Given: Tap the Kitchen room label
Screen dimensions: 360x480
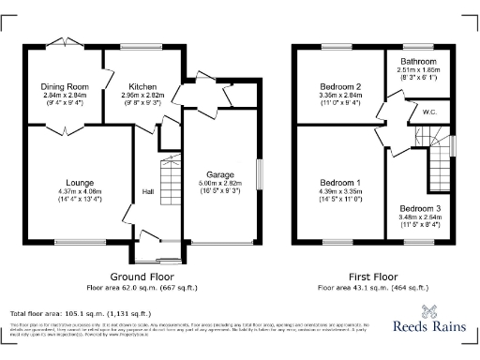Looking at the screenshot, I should coord(130,86).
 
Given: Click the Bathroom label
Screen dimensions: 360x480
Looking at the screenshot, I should coord(417,59).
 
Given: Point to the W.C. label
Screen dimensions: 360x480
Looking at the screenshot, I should coord(430,112).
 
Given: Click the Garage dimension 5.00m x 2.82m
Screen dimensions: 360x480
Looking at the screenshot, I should coord(219,184).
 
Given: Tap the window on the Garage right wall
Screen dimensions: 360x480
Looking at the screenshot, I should coord(260,175).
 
